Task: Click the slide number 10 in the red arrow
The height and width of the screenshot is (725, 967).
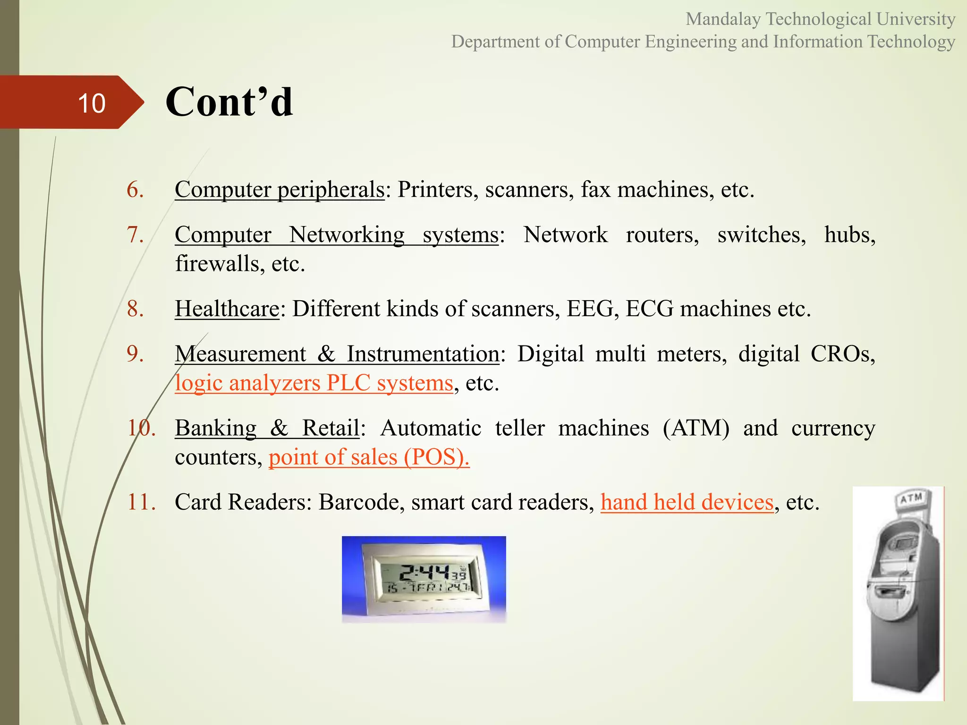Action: tap(92, 103)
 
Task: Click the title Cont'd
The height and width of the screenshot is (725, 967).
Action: tap(229, 102)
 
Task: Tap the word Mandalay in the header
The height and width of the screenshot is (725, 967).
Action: tap(723, 19)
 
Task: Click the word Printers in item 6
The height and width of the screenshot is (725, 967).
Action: tap(434, 190)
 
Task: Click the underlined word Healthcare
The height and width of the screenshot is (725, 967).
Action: tap(227, 309)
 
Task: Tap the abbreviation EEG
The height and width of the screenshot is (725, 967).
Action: tap(593, 309)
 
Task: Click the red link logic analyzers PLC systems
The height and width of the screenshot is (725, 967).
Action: tap(314, 383)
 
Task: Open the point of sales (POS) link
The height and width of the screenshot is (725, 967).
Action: tap(369, 457)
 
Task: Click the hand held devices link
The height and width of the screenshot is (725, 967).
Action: tap(687, 502)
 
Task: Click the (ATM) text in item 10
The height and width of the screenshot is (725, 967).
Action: tap(696, 428)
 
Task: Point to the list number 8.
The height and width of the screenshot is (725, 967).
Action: tap(135, 309)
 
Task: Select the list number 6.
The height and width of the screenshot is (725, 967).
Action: tap(135, 190)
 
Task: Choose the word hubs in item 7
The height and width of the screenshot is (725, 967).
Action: tap(849, 235)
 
